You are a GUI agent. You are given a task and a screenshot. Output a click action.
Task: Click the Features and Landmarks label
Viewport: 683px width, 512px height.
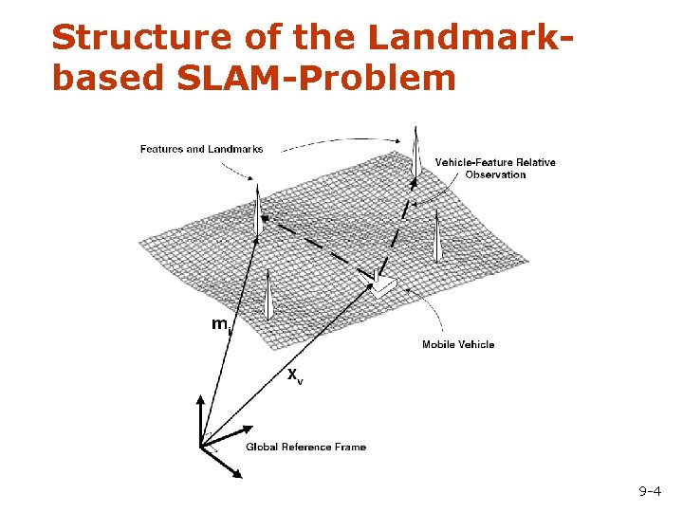[x=201, y=149]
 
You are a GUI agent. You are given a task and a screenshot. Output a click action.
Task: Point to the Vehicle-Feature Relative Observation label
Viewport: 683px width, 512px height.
[x=495, y=168]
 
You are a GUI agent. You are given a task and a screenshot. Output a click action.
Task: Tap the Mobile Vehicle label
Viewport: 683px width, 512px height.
[x=458, y=344]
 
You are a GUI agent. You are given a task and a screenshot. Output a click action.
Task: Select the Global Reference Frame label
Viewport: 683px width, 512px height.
[x=305, y=447]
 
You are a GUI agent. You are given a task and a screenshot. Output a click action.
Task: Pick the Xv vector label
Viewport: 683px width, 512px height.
[x=295, y=375]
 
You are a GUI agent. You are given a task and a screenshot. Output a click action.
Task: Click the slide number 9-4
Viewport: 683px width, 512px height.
[x=650, y=491]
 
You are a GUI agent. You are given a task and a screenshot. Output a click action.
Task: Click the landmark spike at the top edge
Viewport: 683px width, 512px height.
[x=415, y=152]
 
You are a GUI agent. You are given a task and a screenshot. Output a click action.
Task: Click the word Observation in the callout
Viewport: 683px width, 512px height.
[x=495, y=174]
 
